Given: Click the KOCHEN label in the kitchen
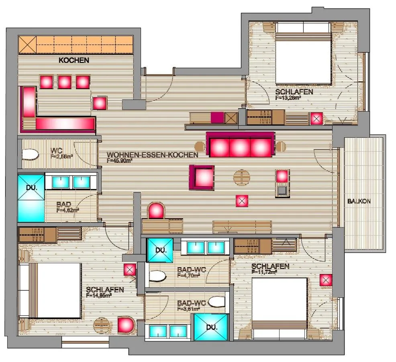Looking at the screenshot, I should pos(73,61).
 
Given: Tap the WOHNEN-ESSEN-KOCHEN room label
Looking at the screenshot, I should pos(152,155).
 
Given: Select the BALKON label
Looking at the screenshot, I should pos(359,201).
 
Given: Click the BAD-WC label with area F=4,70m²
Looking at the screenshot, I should pos(191,270).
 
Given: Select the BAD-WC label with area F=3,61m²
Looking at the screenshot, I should pos(191,303).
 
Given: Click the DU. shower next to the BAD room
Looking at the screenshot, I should pos(31,197).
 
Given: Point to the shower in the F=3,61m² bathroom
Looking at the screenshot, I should pos(211,327).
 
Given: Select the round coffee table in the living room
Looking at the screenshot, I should pos(242,177).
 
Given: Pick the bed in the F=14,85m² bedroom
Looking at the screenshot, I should pos(56,290).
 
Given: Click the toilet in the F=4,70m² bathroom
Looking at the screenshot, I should pos(157,276).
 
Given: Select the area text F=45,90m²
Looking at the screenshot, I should pos(122,160).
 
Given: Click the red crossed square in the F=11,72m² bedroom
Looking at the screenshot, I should pos(326,280).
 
